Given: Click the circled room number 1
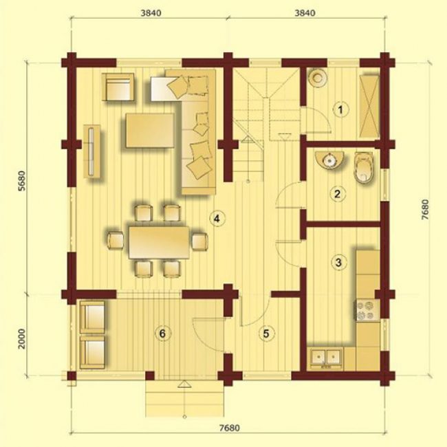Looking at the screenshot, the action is [x=340, y=109].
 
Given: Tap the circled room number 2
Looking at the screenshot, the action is [x=338, y=194].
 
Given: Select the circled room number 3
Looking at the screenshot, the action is [x=338, y=262].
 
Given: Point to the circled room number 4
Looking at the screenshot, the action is [x=217, y=219].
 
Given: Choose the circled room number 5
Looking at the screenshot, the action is [x=266, y=334].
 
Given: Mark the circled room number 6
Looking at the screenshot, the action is [x=162, y=334].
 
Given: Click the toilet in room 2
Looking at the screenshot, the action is [x=364, y=167].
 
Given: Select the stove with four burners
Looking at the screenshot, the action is [x=367, y=310].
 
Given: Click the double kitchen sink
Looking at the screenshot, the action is [x=327, y=357].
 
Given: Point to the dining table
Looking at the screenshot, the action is [x=159, y=242].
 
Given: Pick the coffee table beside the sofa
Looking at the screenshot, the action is [x=150, y=130].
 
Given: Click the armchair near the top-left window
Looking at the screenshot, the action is [x=118, y=87].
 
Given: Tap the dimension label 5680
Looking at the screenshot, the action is [x=22, y=181].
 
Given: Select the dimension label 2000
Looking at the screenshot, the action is [x=22, y=338].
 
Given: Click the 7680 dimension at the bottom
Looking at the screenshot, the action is [x=230, y=428].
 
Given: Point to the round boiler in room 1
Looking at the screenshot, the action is [x=318, y=77].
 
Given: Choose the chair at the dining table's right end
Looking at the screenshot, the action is [x=199, y=241].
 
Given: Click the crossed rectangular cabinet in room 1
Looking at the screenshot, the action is [x=369, y=107].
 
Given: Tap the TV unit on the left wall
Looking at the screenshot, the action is [x=91, y=151].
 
